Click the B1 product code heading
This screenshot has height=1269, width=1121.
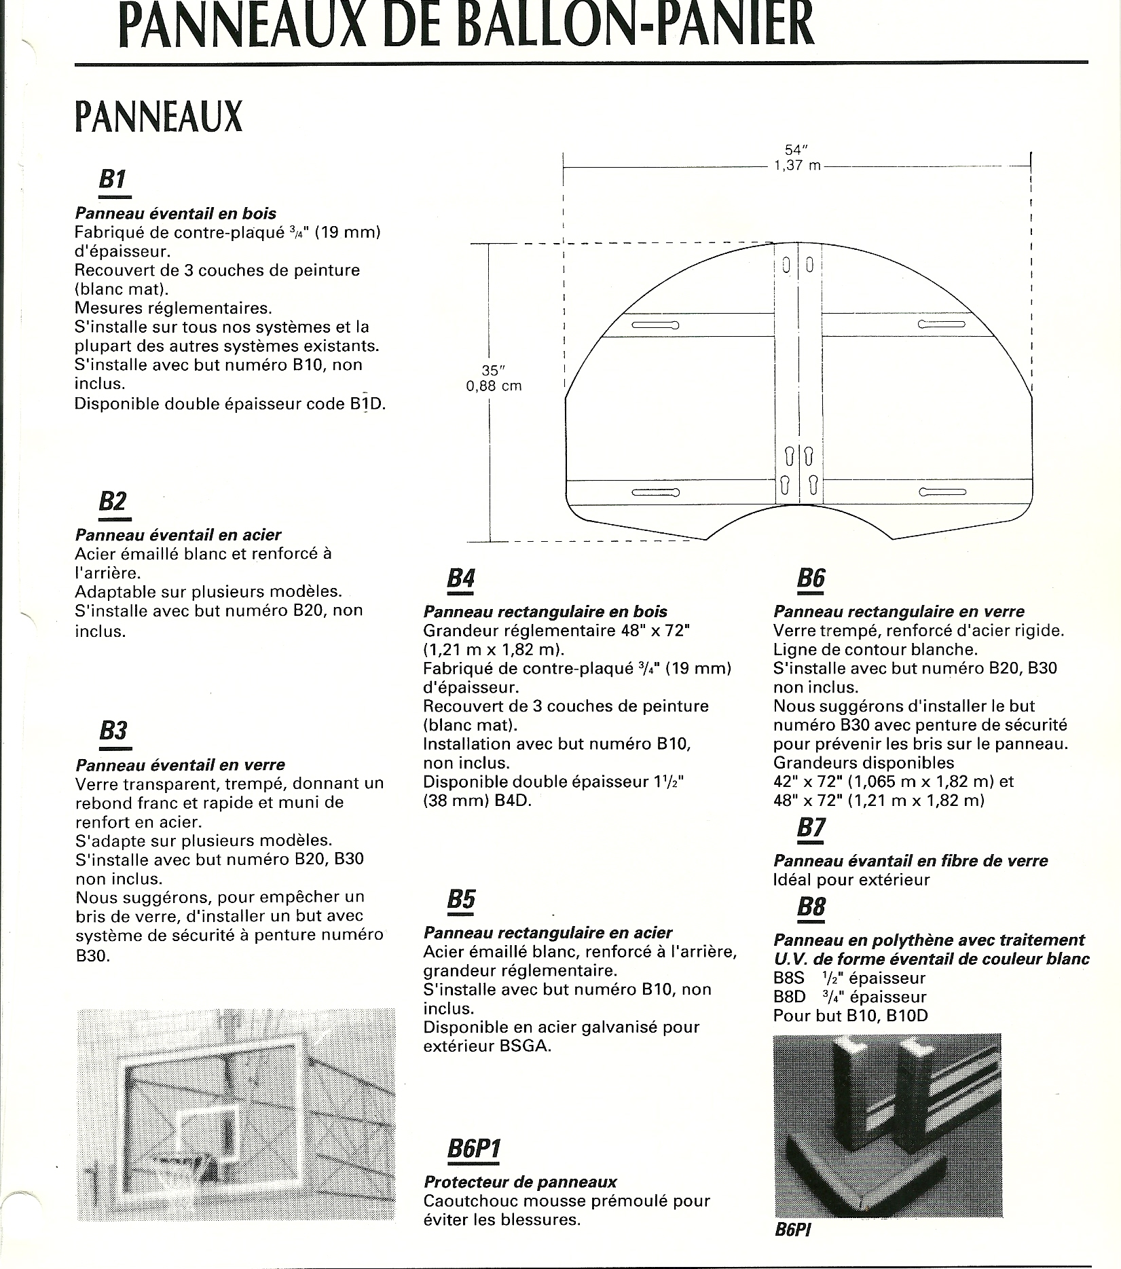[x=113, y=180]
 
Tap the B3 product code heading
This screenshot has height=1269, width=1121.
[x=113, y=731]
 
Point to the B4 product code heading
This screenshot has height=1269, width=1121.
[x=461, y=578]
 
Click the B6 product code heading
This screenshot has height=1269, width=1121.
[x=811, y=578]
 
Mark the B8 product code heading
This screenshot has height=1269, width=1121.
[x=811, y=906]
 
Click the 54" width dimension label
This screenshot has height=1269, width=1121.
[x=794, y=150]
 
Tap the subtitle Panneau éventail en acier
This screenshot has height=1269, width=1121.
[x=178, y=535]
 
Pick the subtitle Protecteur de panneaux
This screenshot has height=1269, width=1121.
[x=520, y=1182]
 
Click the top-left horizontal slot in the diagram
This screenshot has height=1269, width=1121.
[x=655, y=325]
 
